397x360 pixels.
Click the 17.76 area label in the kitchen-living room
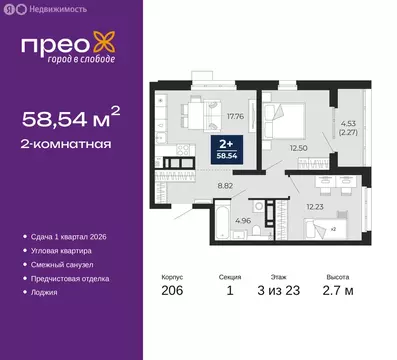coord(236,115)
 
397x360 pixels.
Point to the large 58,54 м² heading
coord(75,119)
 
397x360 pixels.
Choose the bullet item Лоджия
coord(44,292)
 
